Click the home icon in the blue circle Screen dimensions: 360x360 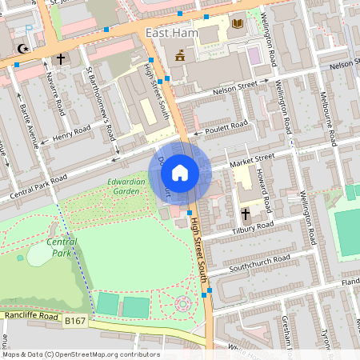pyautogui.click(x=180, y=171)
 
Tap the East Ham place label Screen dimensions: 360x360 pyautogui.click(x=170, y=33)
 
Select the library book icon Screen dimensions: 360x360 pyautogui.click(x=237, y=23)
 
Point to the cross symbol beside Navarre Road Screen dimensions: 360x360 pyautogui.click(x=61, y=58)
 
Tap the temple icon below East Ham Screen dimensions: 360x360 pyautogui.click(x=180, y=55)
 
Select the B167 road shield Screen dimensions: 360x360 pyautogui.click(x=75, y=321)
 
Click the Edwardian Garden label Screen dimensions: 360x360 pyautogui.click(x=128, y=186)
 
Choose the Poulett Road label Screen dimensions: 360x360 pyautogui.click(x=228, y=126)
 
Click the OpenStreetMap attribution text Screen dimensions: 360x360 pyautogui.click(x=81, y=354)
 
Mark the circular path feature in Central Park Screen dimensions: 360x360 pyautogui.click(x=183, y=303)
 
